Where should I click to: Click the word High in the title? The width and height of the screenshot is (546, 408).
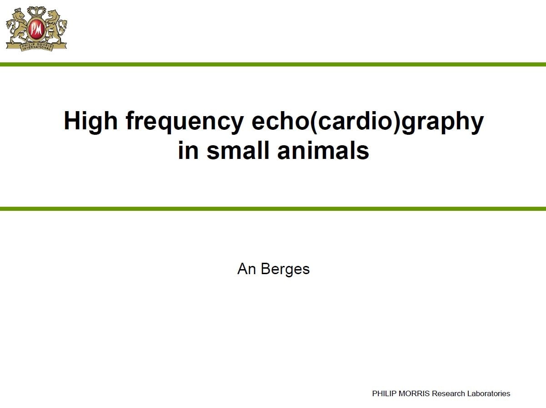tap(90, 122)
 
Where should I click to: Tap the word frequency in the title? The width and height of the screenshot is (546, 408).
tap(185, 122)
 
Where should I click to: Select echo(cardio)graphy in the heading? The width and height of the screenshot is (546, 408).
tap(368, 122)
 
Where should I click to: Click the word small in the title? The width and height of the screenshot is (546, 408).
tap(238, 150)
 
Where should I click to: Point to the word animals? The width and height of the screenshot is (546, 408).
tap(323, 150)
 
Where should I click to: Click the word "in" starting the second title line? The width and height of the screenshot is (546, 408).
tap(188, 150)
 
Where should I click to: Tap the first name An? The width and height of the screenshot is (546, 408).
tap(246, 269)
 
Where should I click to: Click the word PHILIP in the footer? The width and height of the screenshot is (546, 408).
tap(384, 393)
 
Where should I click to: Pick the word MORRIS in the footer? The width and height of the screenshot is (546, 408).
tap(414, 393)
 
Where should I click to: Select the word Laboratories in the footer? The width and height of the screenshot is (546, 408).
tap(489, 393)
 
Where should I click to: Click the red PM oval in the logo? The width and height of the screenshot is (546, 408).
tap(36, 30)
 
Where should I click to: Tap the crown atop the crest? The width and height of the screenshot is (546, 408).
tap(36, 11)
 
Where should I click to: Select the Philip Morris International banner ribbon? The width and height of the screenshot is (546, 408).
tap(36, 47)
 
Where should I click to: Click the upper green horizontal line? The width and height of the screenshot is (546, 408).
tap(273, 65)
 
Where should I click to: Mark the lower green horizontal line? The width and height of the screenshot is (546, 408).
tap(273, 209)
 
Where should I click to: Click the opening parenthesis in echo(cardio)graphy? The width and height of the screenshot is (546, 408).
tap(314, 122)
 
